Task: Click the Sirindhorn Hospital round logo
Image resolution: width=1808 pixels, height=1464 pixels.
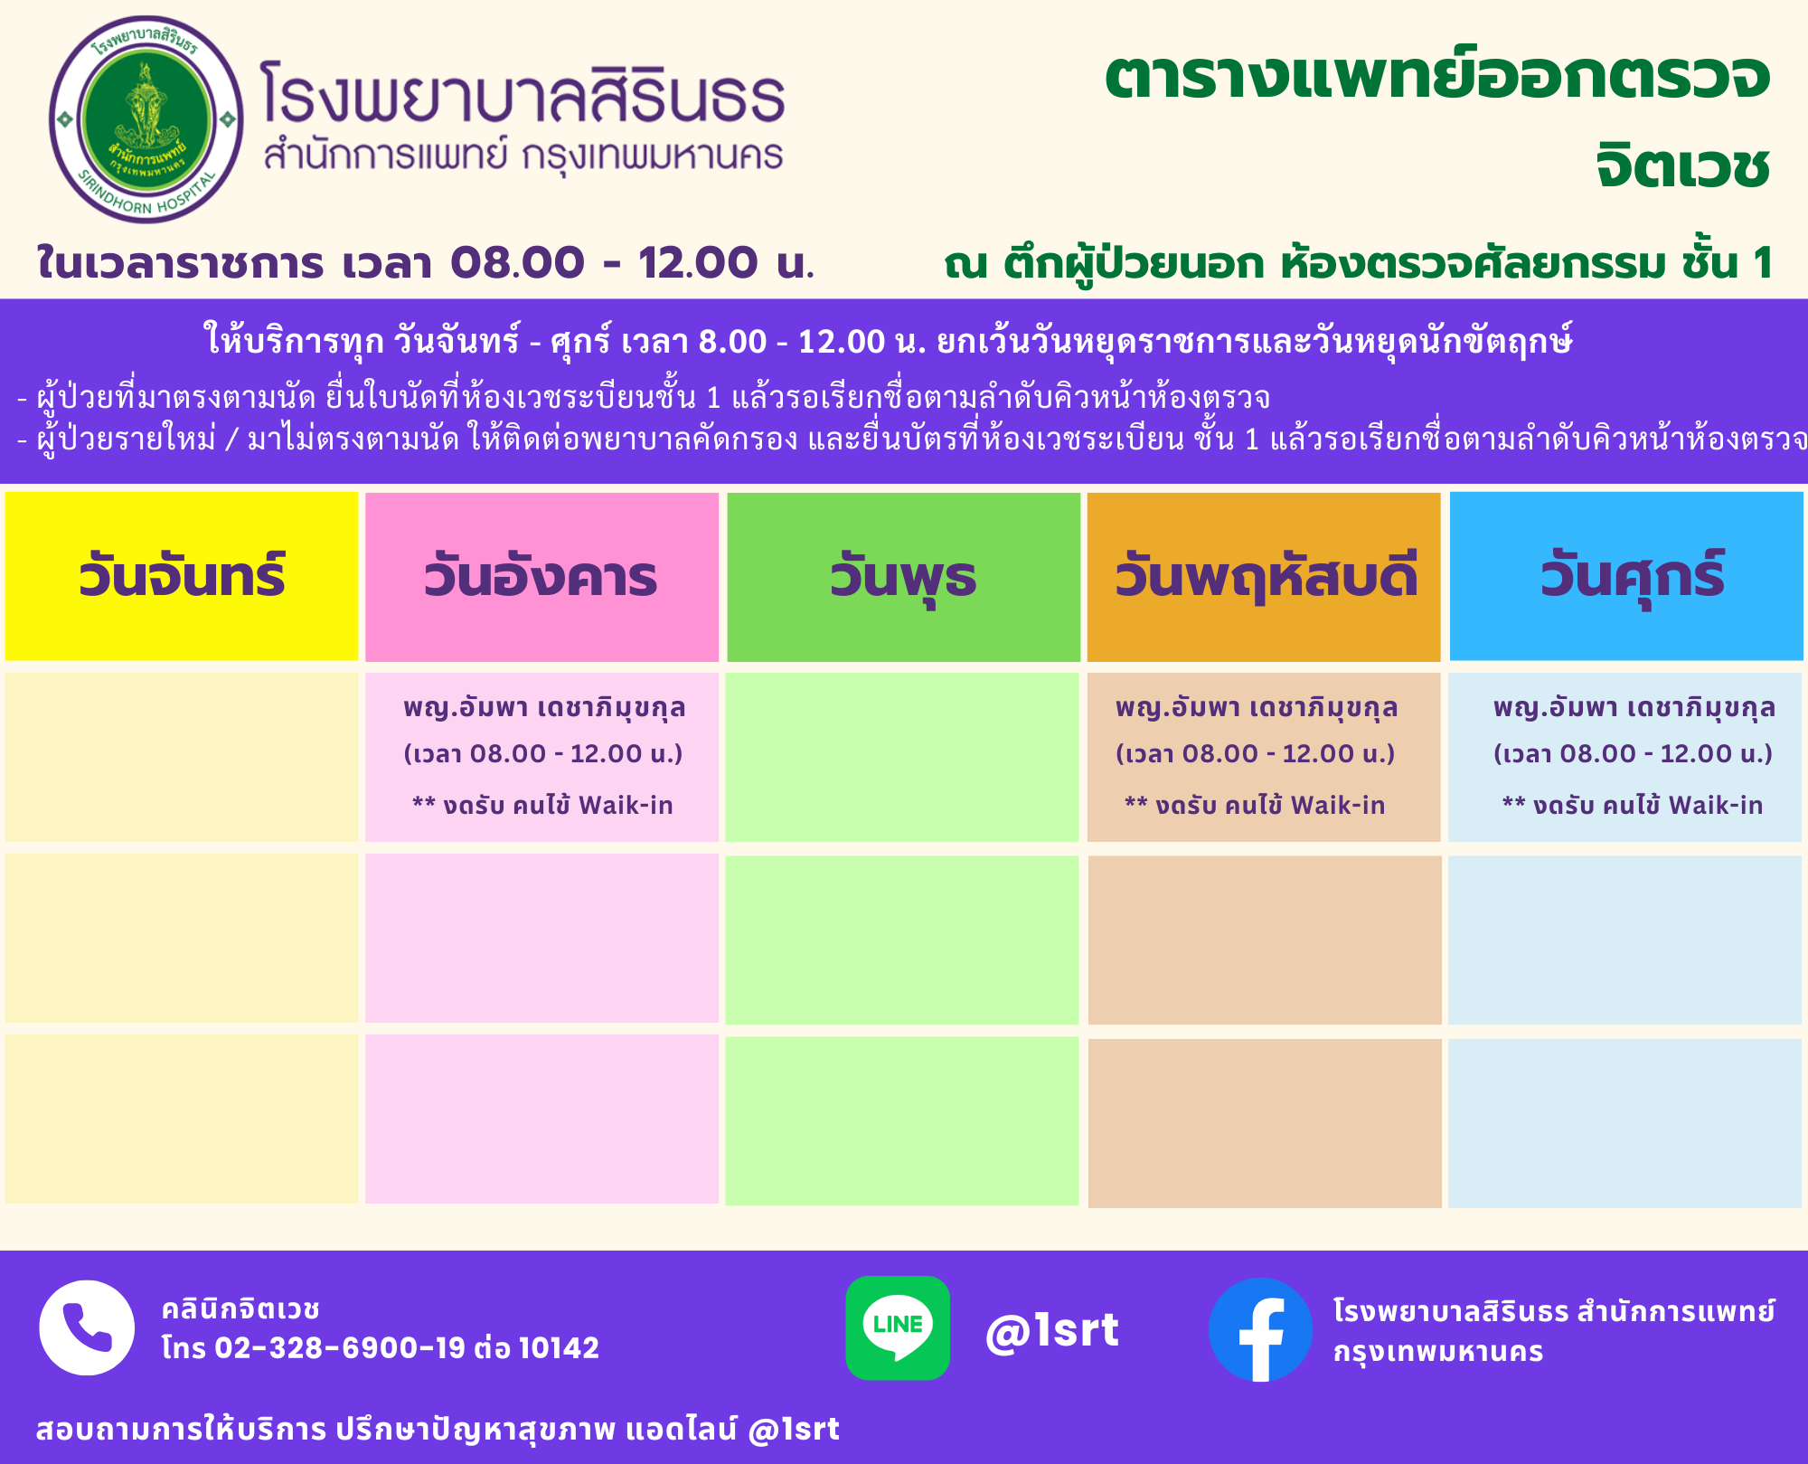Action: pyautogui.click(x=146, y=119)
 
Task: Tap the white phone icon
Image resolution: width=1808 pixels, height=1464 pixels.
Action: pyautogui.click(x=87, y=1327)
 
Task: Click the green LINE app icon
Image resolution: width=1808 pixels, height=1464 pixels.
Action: pyautogui.click(x=898, y=1327)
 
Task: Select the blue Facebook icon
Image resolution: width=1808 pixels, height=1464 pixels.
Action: pyautogui.click(x=1260, y=1329)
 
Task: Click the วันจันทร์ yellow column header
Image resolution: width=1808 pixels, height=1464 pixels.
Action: pyautogui.click(x=182, y=576)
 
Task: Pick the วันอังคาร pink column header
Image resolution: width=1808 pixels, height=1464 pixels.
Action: pyautogui.click(x=541, y=576)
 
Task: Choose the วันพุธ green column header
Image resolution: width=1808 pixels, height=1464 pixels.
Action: pyautogui.click(x=903, y=576)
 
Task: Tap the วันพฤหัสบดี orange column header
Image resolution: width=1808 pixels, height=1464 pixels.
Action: pyautogui.click(x=1264, y=576)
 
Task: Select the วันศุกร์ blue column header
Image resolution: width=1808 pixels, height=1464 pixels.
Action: pyautogui.click(x=1626, y=576)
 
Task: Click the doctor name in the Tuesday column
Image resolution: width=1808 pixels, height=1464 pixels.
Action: pyautogui.click(x=544, y=708)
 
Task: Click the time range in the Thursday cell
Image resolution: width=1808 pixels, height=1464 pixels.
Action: pyautogui.click(x=1256, y=753)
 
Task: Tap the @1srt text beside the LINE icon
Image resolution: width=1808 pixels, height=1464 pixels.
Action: pyautogui.click(x=1052, y=1330)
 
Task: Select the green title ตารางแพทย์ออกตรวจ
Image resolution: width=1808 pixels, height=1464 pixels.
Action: pyautogui.click(x=1437, y=76)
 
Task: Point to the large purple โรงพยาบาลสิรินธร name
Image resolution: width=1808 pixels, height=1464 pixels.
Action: pyautogui.click(x=523, y=93)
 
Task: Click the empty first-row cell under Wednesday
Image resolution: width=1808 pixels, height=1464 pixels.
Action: pyautogui.click(x=902, y=757)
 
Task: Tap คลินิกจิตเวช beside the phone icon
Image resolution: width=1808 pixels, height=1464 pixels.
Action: pyautogui.click(x=240, y=1308)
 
